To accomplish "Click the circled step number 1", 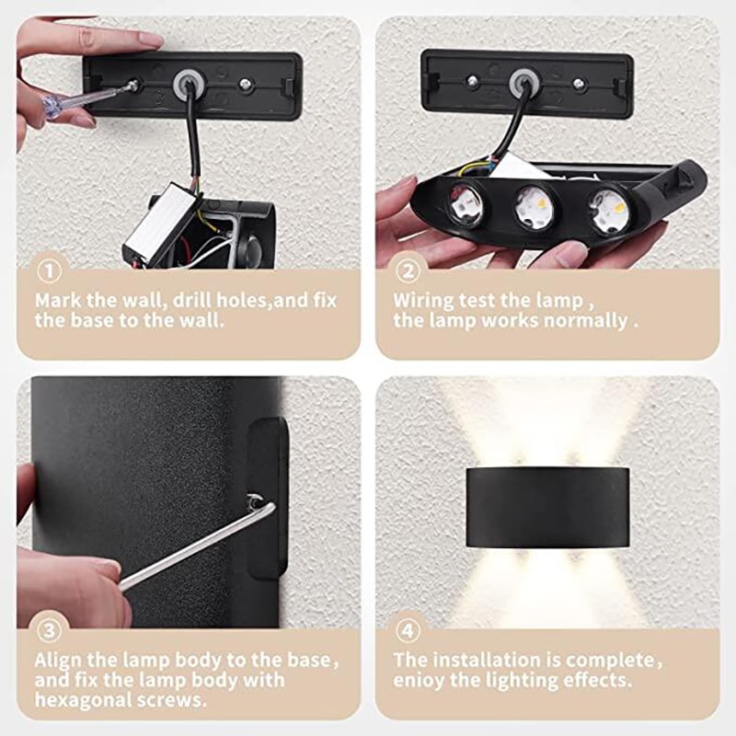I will point(49,271).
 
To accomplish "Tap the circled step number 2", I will point(408,271).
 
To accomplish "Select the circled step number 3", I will point(49,631).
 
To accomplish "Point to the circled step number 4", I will point(408,631).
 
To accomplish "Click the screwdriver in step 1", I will point(87,98).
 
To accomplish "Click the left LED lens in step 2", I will point(466,205).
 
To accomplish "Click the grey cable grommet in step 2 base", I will point(524,84).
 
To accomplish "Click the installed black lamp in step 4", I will point(547,506).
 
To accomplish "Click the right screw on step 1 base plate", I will point(246,84).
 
